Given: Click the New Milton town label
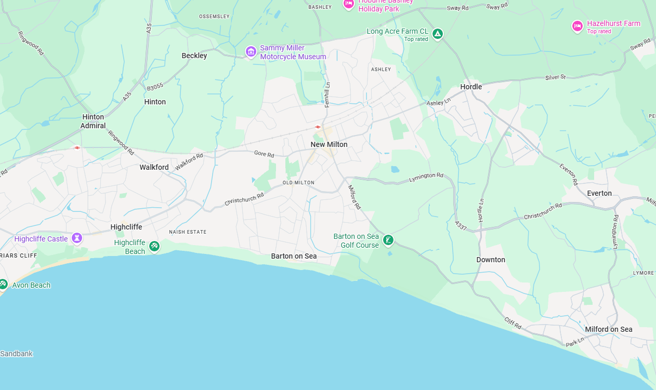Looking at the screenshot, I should [x=329, y=144].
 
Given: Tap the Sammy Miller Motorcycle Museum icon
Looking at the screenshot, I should [x=251, y=51].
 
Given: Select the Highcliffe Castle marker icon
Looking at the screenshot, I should [x=77, y=238].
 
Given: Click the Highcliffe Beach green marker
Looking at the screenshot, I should [x=154, y=246].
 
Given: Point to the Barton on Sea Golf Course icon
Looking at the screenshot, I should [x=388, y=240].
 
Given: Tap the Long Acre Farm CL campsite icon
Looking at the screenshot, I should [x=438, y=34].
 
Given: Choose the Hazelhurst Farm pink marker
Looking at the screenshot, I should [x=577, y=26].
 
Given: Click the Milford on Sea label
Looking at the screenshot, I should [x=609, y=329].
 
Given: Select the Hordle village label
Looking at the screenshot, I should [x=471, y=87].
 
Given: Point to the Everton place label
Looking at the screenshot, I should [x=599, y=193].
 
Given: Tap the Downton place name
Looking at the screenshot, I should [x=491, y=260].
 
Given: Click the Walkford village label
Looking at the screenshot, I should [x=154, y=167].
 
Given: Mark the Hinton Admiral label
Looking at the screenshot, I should [x=93, y=121].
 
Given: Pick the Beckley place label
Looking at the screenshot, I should [x=194, y=56].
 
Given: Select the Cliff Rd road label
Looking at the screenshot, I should [x=513, y=324].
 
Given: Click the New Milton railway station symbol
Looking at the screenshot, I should [x=318, y=127].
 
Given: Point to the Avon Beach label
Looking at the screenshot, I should [x=31, y=285].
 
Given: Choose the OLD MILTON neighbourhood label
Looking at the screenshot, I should [x=298, y=183].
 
